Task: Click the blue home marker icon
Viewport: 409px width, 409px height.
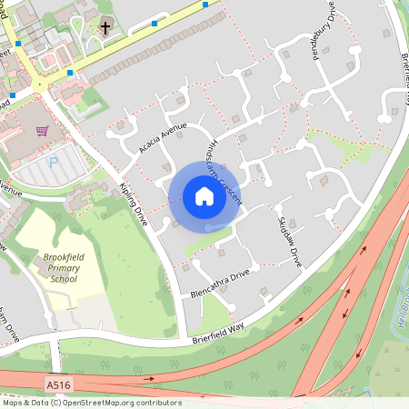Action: tap(204, 196)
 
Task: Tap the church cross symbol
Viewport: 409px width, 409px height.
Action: tap(105, 27)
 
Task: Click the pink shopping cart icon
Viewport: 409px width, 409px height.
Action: tap(42, 131)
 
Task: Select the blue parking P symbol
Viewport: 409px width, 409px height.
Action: tap(53, 161)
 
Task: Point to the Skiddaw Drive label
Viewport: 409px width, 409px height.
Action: tap(289, 242)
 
